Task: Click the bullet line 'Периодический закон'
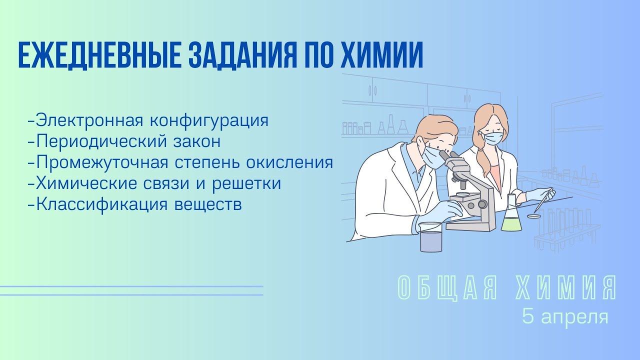pos(125,141)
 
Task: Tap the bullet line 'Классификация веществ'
pos(135,204)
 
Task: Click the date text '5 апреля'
pos(565,316)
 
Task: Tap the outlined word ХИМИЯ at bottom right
pos(569,288)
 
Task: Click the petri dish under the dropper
pos(534,216)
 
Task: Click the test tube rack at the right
pos(567,230)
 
